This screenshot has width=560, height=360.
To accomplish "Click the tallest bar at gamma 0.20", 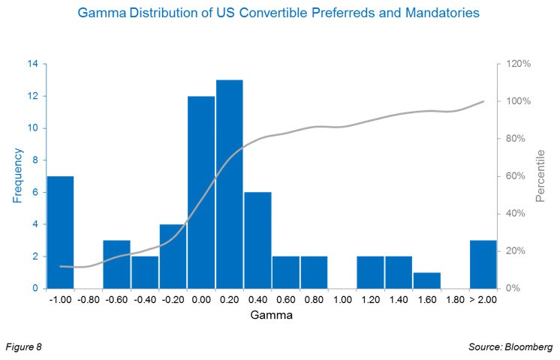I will (x=229, y=184).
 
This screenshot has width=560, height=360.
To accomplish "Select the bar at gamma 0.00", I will (x=201, y=192).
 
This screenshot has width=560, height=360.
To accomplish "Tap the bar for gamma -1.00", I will (x=60, y=232).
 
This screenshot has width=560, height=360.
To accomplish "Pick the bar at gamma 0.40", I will (x=257, y=240).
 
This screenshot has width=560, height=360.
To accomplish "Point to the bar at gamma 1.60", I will (x=426, y=280).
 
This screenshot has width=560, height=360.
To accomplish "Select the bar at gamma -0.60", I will (x=116, y=264).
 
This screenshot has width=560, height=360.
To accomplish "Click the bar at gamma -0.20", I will (x=173, y=256).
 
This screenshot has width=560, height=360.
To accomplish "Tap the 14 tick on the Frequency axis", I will (x=33, y=64).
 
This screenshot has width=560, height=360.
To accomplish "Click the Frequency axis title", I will (x=17, y=175).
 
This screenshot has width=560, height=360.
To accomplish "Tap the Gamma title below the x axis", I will (x=271, y=316).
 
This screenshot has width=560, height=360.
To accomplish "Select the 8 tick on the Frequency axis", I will (x=35, y=160).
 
